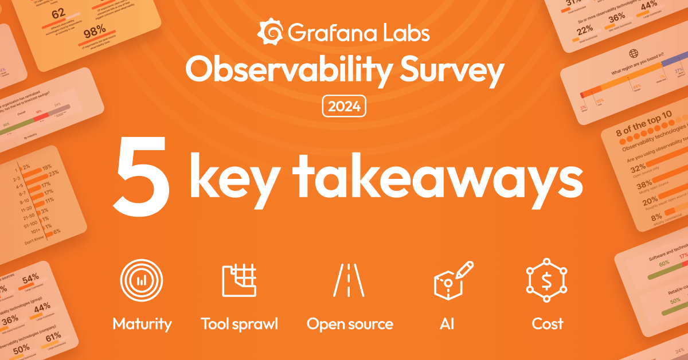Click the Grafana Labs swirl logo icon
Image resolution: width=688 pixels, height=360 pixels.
tap(269, 33)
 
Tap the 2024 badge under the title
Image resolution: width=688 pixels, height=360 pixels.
tap(344, 107)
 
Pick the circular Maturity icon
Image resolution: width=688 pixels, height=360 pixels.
tap(141, 280)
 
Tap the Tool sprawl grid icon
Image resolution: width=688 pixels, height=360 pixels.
tap(239, 280)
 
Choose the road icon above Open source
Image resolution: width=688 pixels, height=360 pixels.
tap(349, 280)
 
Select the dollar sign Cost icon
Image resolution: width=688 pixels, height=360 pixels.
tap(547, 280)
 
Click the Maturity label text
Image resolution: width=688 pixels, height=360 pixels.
tap(142, 324)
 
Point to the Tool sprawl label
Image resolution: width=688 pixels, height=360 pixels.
tap(239, 324)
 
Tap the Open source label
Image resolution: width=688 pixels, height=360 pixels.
tap(350, 324)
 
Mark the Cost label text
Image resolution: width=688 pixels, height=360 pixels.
tap(548, 324)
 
